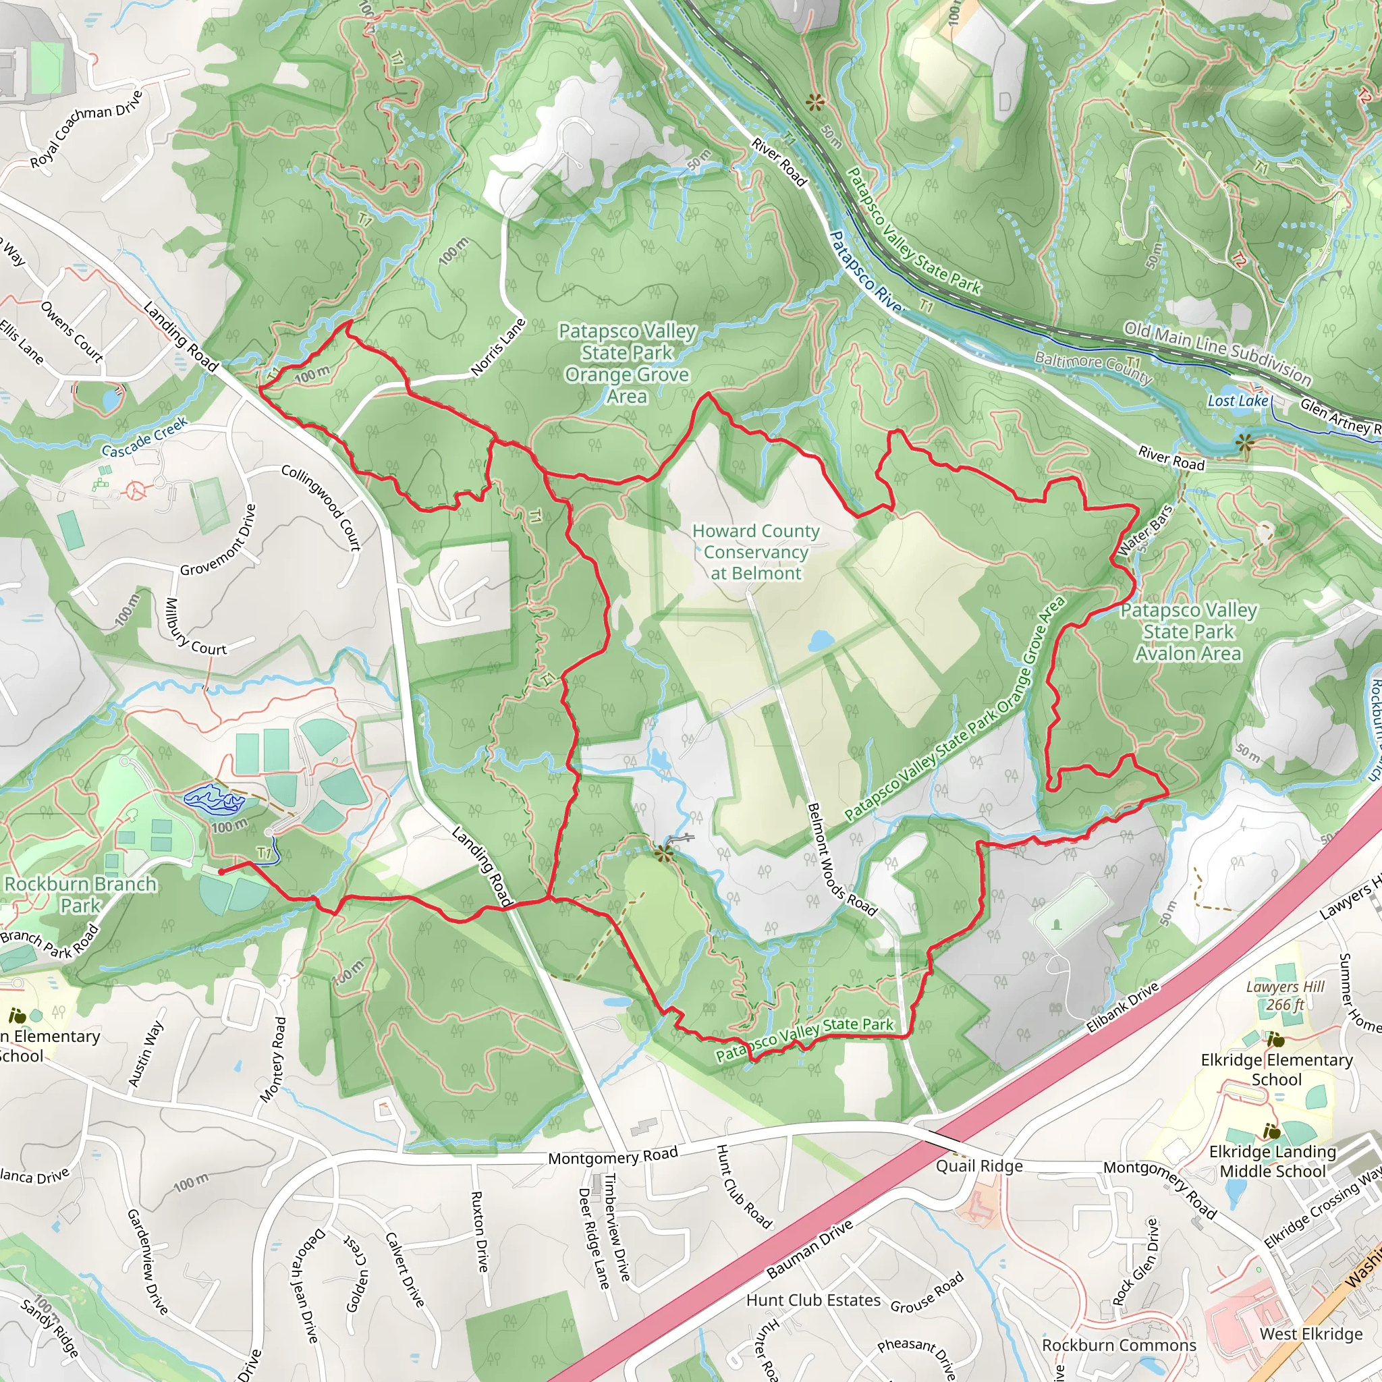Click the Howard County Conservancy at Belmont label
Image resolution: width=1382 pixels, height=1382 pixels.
click(x=755, y=551)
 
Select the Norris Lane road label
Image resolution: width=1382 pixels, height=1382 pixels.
click(x=499, y=347)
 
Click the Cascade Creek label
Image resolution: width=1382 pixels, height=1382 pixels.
click(x=144, y=437)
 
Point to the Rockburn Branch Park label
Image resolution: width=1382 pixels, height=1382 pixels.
click(x=80, y=894)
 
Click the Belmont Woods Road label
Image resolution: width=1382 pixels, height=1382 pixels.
click(x=841, y=860)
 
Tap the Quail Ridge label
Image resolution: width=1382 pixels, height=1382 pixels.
click(x=979, y=1166)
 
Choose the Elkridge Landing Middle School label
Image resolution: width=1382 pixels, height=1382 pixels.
click(x=1273, y=1161)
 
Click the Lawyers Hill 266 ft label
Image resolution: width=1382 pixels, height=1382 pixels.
click(x=1285, y=996)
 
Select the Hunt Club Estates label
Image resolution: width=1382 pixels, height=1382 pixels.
click(x=813, y=1300)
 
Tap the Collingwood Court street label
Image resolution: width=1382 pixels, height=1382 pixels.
click(x=321, y=507)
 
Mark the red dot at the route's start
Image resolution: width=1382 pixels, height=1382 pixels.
click(x=221, y=872)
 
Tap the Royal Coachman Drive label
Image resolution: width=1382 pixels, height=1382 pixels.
click(x=86, y=129)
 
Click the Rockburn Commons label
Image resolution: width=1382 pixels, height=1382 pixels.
click(x=1119, y=1345)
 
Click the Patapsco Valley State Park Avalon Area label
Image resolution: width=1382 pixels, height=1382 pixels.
click(x=1188, y=632)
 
